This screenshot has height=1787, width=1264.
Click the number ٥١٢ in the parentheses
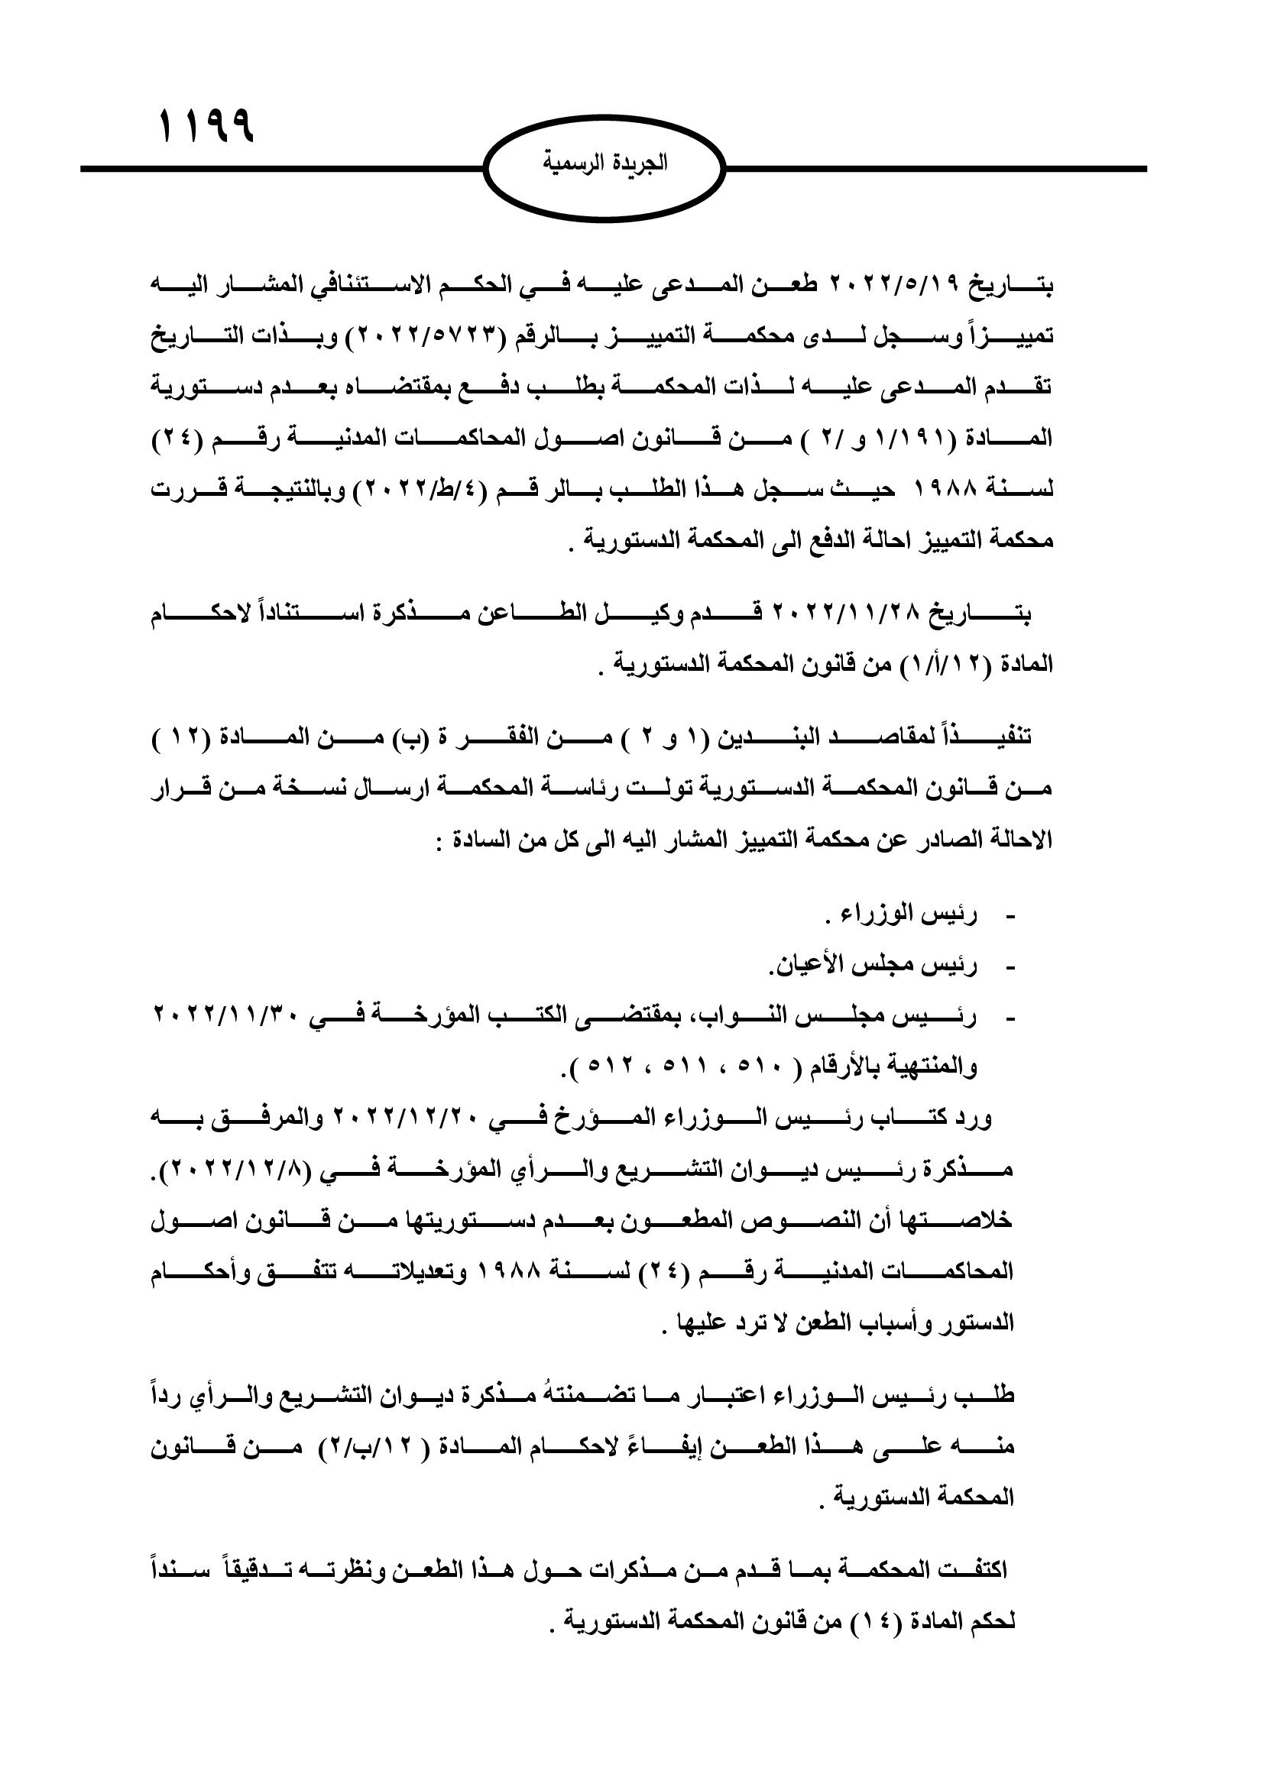tap(606, 1067)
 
